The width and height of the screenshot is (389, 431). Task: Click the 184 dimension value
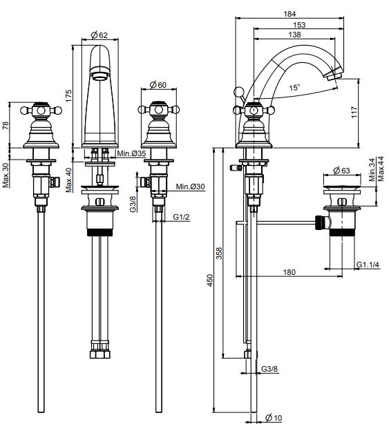pyautogui.click(x=290, y=14)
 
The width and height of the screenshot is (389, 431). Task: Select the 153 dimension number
pyautogui.click(x=299, y=25)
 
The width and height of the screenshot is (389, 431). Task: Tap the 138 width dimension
pyautogui.click(x=294, y=35)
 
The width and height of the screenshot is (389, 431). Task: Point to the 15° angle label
pyautogui.click(x=294, y=88)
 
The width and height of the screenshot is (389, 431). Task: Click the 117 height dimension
pyautogui.click(x=354, y=112)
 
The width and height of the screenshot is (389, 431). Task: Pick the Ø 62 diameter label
pyautogui.click(x=99, y=35)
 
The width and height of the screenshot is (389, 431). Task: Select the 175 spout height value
pyautogui.click(x=68, y=95)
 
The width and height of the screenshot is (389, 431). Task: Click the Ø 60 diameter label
pyautogui.click(x=158, y=85)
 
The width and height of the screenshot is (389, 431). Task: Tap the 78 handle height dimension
pyautogui.click(x=6, y=125)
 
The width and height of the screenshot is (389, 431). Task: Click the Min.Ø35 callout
pyautogui.click(x=131, y=153)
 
